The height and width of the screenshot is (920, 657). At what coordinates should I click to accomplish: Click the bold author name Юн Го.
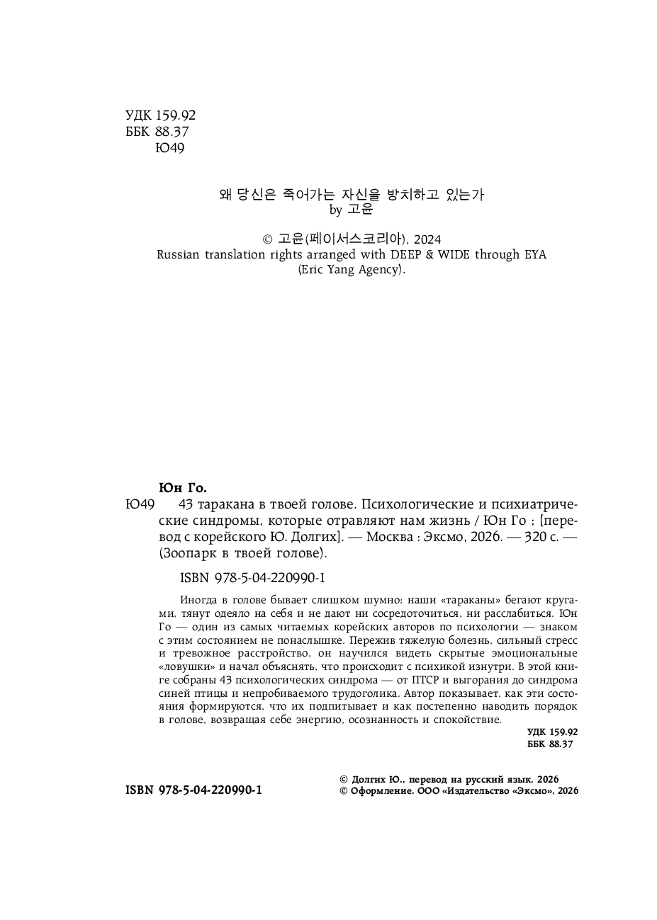click(x=182, y=488)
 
